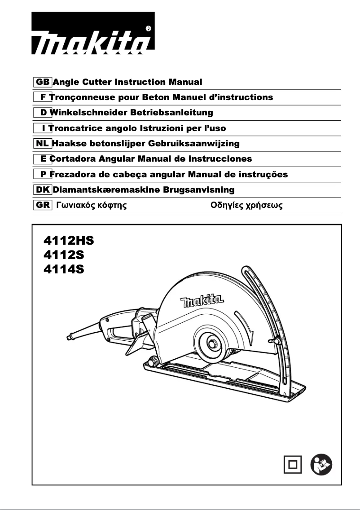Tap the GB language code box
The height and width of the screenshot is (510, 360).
(x=43, y=82)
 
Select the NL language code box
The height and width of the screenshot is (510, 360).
(x=43, y=144)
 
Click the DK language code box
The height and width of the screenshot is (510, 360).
(x=43, y=190)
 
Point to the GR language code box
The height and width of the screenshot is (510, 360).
(x=43, y=206)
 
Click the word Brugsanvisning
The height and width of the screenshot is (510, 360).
(x=199, y=190)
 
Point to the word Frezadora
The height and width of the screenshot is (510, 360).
(x=72, y=174)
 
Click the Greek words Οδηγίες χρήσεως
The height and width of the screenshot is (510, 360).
(x=246, y=206)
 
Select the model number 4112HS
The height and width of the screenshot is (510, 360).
(x=69, y=240)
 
